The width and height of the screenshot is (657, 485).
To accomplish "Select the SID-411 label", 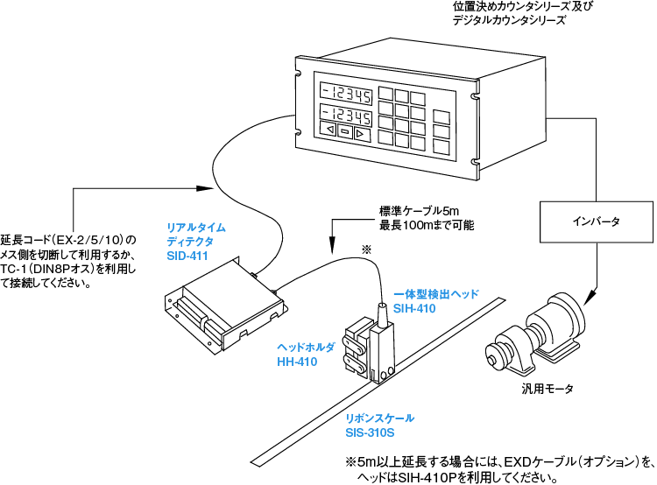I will pyautogui.click(x=186, y=255).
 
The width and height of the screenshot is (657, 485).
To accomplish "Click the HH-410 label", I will pyautogui.click(x=296, y=360).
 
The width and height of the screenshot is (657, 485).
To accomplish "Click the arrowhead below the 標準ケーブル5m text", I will pyautogui.click(x=332, y=245).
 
